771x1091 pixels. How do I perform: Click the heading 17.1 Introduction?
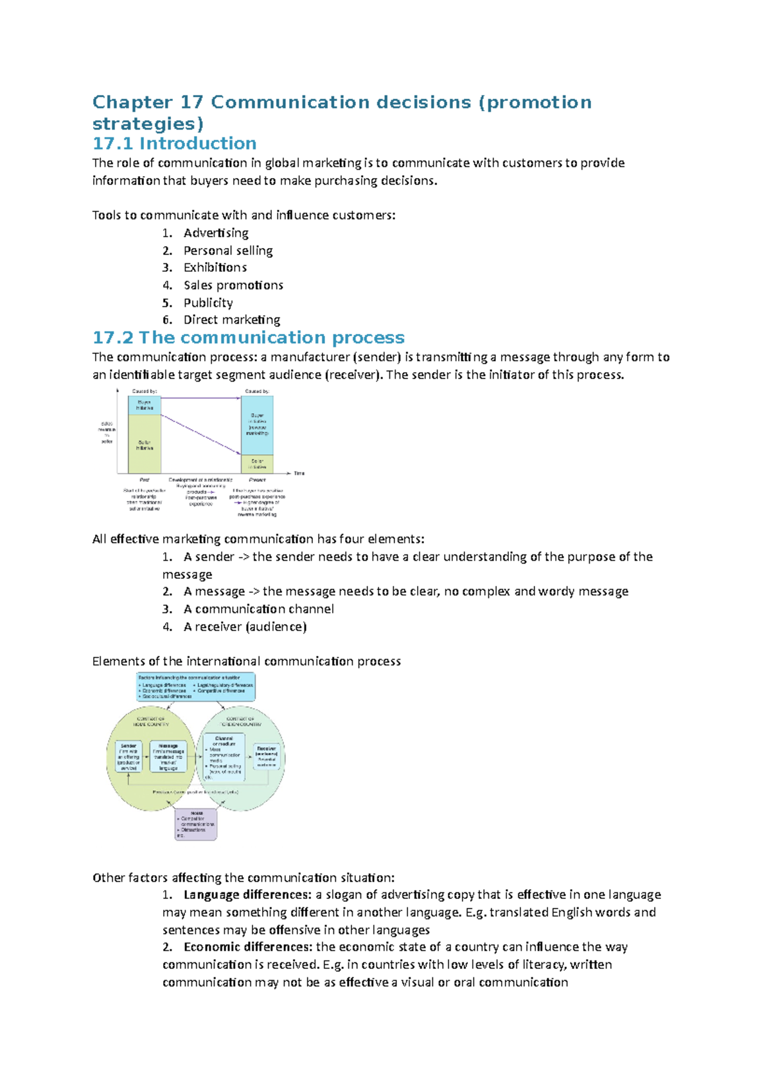(174, 143)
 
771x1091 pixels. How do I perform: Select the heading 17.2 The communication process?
(248, 337)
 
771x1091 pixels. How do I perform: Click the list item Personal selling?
(227, 251)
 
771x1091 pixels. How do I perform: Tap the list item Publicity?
(208, 303)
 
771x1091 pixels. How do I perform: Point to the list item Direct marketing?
(231, 320)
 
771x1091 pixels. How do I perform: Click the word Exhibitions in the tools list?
(215, 267)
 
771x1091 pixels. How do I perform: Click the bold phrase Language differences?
(247, 894)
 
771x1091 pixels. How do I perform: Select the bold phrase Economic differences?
(248, 946)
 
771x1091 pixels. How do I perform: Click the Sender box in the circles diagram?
(128, 757)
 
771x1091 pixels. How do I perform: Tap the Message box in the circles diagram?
(168, 757)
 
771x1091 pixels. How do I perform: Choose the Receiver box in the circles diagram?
(266, 756)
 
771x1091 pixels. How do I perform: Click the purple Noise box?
(196, 824)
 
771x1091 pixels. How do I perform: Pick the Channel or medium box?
(224, 757)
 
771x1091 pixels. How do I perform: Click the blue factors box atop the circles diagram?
(196, 687)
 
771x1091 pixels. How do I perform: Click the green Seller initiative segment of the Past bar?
(145, 444)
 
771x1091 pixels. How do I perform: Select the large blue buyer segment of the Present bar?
(257, 425)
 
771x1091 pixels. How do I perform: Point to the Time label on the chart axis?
(299, 474)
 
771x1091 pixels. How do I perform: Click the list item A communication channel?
(258, 609)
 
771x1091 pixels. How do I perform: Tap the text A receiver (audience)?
(245, 626)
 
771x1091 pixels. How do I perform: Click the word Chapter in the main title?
(132, 102)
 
